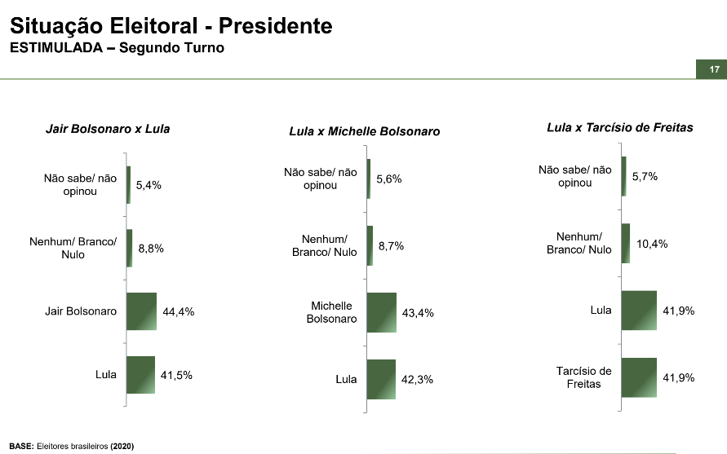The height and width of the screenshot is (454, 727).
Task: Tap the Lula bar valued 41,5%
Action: [141, 376]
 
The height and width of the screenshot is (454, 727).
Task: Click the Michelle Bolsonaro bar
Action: [382, 313]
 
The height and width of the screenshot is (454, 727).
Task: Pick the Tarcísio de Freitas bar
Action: [639, 377]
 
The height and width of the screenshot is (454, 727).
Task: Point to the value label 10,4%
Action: [652, 244]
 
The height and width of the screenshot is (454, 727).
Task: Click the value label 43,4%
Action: [418, 313]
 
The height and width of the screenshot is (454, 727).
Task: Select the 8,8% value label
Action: [151, 249]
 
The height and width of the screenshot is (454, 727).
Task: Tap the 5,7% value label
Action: [645, 176]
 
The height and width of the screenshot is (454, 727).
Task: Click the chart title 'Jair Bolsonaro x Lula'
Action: [108, 129]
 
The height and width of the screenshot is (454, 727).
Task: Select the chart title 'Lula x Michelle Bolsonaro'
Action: [365, 131]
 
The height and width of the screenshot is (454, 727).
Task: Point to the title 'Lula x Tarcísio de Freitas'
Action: [620, 127]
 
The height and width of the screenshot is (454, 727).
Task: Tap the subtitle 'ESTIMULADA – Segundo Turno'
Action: [117, 47]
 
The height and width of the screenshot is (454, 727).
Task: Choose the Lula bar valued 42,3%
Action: [381, 379]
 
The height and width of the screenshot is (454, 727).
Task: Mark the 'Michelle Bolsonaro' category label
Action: [331, 312]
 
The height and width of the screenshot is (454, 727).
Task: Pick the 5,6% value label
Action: [389, 179]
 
